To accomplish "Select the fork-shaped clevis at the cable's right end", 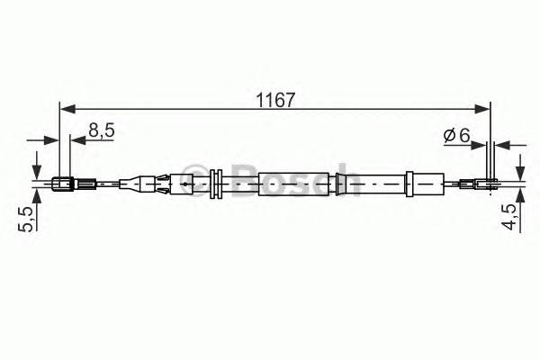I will [486, 186].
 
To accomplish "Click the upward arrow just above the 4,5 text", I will [519, 197].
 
